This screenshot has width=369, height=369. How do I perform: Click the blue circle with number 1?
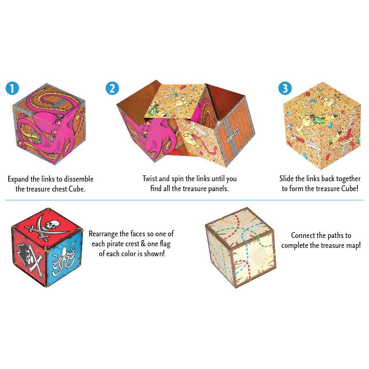12,88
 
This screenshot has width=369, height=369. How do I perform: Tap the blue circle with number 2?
112,88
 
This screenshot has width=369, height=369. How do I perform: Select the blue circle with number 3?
285,88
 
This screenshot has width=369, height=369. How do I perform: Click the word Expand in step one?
18,180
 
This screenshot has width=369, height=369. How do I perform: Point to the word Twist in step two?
150,179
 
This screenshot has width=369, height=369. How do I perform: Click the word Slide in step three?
286,179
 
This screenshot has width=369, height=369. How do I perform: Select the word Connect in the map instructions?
303,235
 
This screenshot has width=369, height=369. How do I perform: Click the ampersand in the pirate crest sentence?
143,244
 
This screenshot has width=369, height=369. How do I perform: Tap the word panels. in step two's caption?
218,189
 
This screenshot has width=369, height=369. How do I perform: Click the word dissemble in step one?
79,179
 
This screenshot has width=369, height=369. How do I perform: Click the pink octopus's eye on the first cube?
58,121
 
